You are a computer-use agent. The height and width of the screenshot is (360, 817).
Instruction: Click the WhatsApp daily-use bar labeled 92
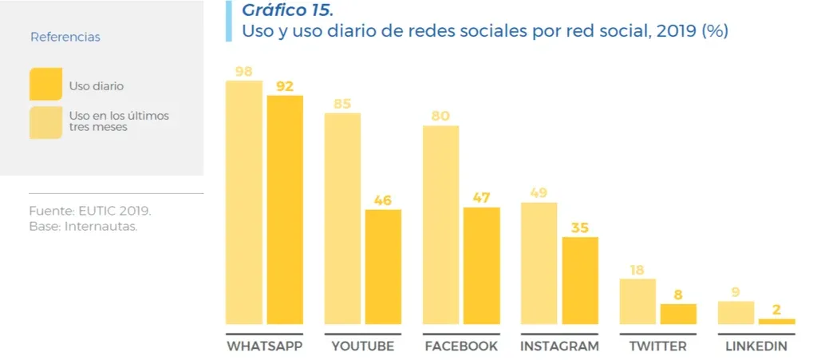click(285, 209)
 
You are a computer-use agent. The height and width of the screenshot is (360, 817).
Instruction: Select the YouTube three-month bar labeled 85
click(342, 218)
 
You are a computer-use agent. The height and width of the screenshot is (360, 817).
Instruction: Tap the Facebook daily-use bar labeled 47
click(481, 265)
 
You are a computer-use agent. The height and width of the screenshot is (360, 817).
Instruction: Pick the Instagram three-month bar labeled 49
click(539, 263)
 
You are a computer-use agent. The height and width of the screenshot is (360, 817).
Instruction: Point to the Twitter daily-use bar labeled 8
click(678, 314)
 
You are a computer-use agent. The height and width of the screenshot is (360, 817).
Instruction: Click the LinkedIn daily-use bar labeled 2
click(776, 321)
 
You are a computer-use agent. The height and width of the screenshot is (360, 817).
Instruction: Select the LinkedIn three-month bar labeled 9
click(736, 312)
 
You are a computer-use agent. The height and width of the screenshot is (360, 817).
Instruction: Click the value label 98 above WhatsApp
click(244, 72)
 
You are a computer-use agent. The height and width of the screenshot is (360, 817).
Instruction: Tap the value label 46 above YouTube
click(383, 200)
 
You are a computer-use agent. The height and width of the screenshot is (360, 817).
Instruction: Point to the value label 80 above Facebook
click(440, 117)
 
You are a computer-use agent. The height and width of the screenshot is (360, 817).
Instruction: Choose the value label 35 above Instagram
click(580, 227)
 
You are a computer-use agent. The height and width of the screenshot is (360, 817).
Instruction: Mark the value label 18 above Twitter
click(637, 270)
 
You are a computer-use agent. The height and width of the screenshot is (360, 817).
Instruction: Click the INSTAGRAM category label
click(559, 346)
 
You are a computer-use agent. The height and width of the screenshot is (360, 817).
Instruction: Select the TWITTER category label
click(657, 346)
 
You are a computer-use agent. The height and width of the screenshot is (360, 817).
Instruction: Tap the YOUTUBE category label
click(362, 346)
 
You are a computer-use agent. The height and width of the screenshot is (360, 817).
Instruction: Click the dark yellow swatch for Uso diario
click(45, 85)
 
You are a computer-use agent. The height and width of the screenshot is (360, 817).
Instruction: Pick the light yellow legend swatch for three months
click(45, 121)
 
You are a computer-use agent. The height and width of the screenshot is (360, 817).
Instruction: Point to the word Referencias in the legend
click(65, 38)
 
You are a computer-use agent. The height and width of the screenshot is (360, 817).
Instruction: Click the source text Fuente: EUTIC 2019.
click(89, 212)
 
